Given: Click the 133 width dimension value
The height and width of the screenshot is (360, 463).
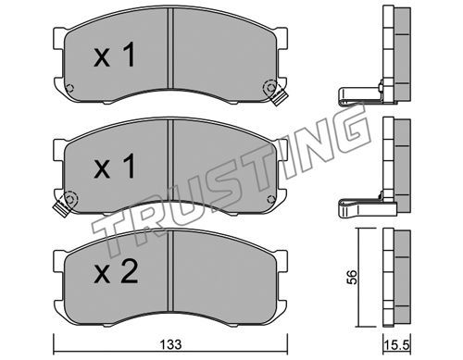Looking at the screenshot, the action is [171, 344].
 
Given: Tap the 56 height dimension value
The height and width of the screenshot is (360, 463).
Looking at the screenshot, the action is [352, 277].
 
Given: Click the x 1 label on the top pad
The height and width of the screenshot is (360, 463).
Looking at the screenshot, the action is [115, 55].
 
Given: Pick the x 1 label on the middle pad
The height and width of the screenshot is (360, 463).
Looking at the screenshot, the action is [115, 166].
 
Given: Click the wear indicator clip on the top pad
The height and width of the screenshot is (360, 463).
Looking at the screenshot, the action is [279, 97].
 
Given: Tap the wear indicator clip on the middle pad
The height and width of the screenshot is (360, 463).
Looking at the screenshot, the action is [61, 208].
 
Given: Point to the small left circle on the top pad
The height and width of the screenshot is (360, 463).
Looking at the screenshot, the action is [70, 88].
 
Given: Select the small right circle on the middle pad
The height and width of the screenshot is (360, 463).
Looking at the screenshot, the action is [270, 200].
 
